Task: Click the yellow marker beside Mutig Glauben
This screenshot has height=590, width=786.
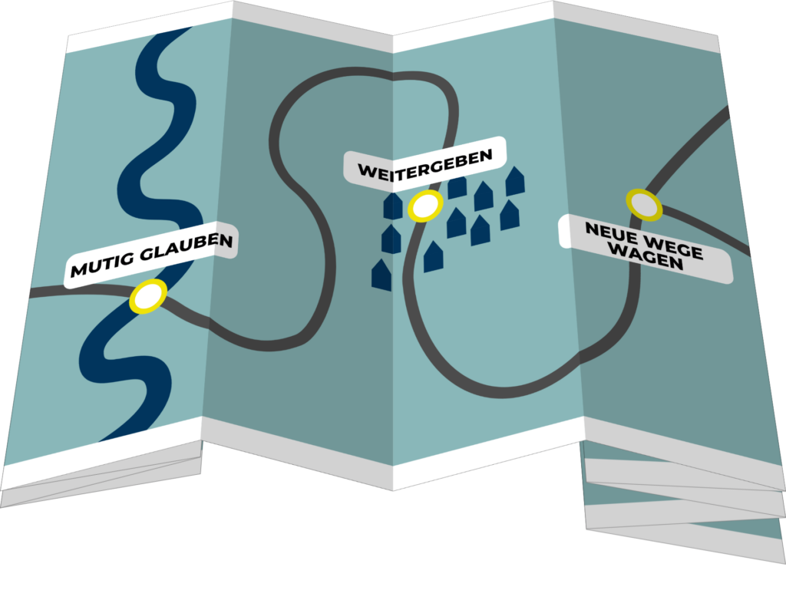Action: pos(147,296)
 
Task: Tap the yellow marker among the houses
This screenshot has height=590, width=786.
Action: pos(424,206)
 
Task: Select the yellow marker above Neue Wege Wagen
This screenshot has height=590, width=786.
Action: pos(643,204)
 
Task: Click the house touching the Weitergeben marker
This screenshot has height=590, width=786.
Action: pos(393,208)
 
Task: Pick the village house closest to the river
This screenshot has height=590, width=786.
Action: pos(381,275)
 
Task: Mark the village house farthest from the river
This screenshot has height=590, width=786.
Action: pos(515,181)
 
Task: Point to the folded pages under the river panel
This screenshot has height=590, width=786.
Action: pos(100,476)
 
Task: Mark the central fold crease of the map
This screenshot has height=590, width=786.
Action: pos(394,253)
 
